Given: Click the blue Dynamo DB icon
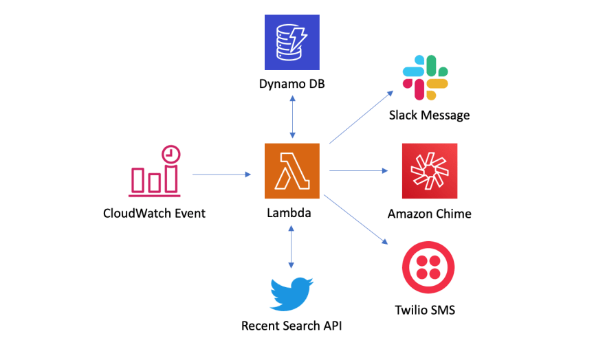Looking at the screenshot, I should pos(292,42).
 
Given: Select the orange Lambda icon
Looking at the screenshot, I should pos(292,170).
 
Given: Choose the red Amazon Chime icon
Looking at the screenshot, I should pos(429,170).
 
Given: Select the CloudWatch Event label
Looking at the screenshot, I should pos(154,213).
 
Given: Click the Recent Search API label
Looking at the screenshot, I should pos(291,326).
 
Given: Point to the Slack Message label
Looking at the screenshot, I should pos(430,115).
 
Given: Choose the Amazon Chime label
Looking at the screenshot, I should pos(429,214).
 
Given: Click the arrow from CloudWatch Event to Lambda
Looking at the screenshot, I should pos(221,175).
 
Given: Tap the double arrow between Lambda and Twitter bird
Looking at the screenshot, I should pos(292,245).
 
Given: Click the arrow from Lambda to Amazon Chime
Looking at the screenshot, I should pos(359,170).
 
